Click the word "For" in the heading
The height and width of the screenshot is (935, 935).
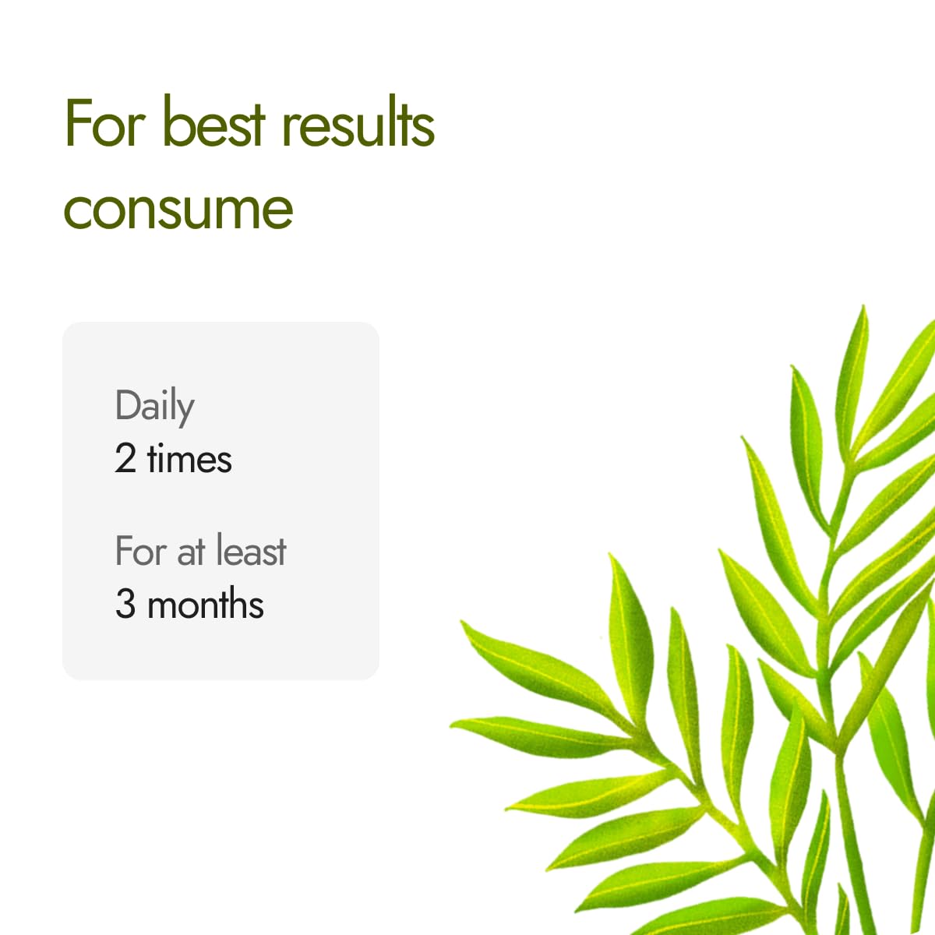click(105, 123)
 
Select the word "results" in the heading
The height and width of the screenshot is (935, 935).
click(358, 123)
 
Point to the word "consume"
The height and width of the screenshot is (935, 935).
click(178, 209)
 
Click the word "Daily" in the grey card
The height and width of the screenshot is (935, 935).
click(154, 406)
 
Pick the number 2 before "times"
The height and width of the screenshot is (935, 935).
click(125, 458)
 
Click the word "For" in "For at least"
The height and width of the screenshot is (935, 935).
click(140, 551)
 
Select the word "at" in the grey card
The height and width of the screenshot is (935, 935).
click(191, 552)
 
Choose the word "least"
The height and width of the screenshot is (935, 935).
click(251, 551)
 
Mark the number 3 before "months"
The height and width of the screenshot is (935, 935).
click(125, 604)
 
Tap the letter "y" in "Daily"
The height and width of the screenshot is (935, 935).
click(185, 410)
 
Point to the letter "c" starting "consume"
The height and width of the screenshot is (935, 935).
click(76, 210)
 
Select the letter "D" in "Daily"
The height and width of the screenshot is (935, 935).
click(127, 404)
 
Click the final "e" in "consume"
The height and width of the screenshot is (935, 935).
click(279, 210)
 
